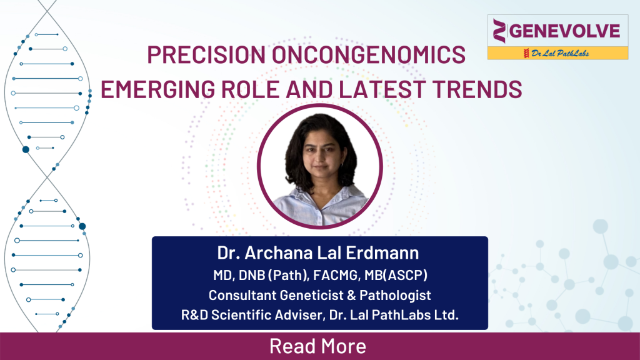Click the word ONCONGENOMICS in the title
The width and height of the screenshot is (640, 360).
click(x=371, y=55)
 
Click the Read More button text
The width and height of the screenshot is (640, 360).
click(x=317, y=346)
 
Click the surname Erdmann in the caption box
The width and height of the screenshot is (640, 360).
click(x=385, y=253)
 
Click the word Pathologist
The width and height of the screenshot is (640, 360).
click(x=394, y=295)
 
